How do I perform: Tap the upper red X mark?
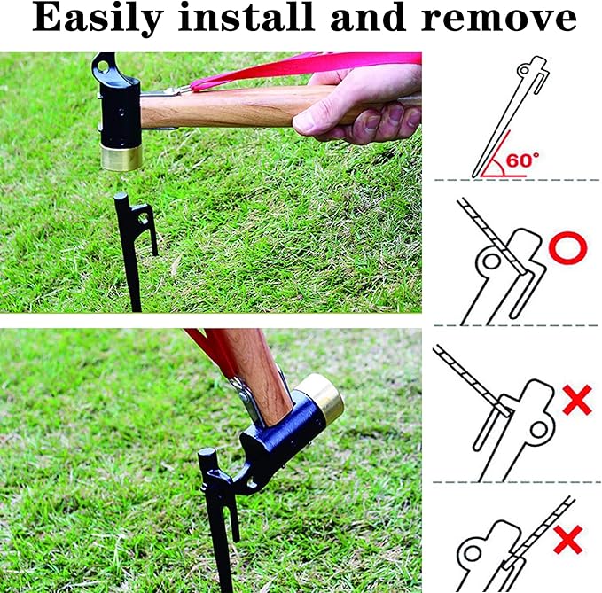point(576,401)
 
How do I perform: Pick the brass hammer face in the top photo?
point(121,157)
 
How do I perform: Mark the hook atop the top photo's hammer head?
point(105,65)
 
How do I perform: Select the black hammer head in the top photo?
point(121,111)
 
